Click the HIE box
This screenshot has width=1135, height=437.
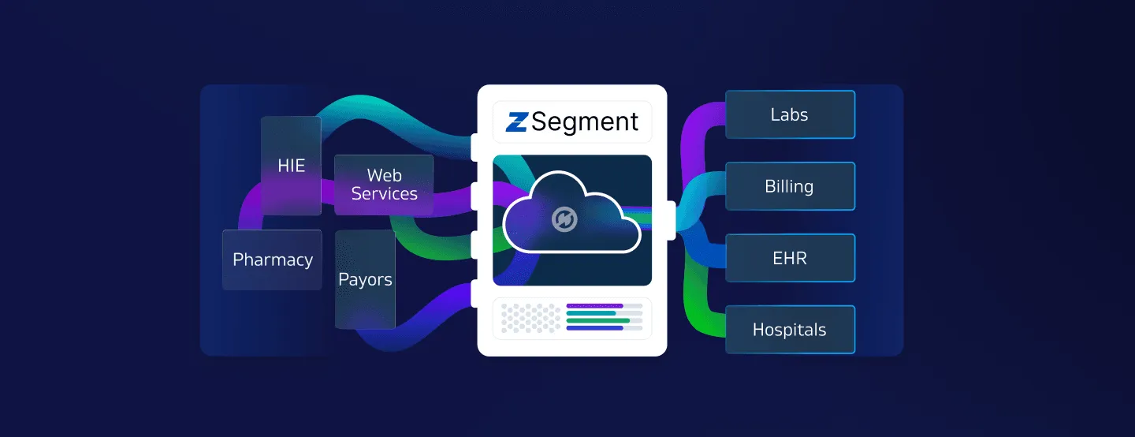[291, 166]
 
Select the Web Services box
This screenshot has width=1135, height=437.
[384, 185]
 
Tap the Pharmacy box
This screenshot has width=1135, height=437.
[272, 260]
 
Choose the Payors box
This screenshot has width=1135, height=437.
[365, 279]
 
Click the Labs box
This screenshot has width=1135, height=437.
[790, 114]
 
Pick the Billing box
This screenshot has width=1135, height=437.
[790, 186]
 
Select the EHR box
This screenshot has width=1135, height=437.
[790, 258]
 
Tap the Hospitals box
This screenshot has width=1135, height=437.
[790, 329]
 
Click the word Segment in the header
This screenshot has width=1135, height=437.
[585, 121]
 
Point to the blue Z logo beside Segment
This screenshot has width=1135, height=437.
[517, 122]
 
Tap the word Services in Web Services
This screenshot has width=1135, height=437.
[384, 194]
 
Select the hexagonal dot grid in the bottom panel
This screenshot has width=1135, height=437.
[530, 318]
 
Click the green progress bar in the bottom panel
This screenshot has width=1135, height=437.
[598, 320]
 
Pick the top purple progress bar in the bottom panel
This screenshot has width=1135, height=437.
[594, 305]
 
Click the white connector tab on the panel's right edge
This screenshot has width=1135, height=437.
[672, 220]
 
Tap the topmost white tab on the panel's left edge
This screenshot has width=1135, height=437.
[474, 146]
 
